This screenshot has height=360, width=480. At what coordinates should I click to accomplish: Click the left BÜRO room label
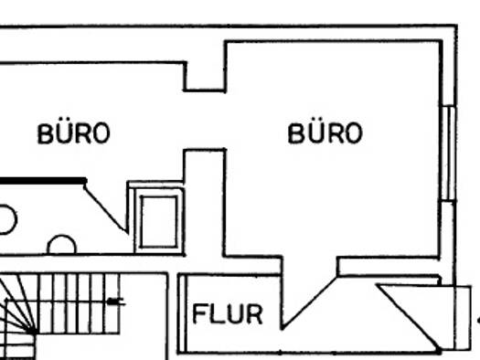coord(73,133)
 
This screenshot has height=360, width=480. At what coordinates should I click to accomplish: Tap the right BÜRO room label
coord(325,133)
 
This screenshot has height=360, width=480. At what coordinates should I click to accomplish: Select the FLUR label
coord(227,315)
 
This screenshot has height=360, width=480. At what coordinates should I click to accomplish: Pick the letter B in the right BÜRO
coord(296,133)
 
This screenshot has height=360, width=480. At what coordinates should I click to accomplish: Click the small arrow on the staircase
coord(113,300)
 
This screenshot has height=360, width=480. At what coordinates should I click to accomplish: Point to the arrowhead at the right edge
coord(476,319)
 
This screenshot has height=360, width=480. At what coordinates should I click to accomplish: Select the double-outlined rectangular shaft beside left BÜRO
coord(157,218)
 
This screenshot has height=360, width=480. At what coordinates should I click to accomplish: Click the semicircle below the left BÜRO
coord(61,245)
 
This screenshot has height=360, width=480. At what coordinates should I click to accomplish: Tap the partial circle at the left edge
coord(5,220)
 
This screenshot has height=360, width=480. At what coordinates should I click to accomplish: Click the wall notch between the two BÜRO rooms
coord(205,80)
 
